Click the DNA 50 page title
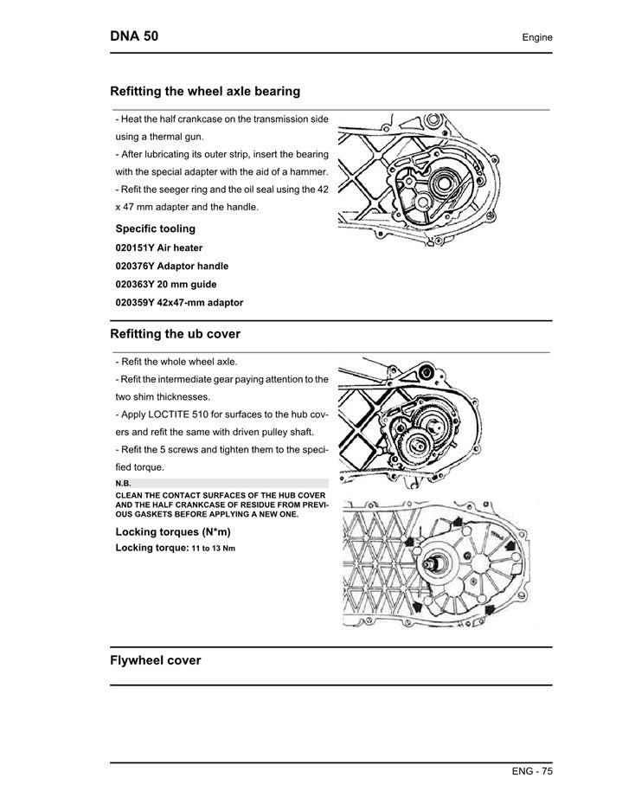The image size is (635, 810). point(134,36)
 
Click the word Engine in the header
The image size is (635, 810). point(536,37)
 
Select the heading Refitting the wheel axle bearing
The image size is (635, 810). point(205,91)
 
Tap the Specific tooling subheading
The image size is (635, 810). point(156,228)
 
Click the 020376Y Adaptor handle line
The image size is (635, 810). point(172,267)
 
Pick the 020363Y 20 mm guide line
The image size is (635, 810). point(166,285)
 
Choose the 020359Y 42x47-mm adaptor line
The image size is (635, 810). point(179,303)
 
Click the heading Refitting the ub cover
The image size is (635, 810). point(175,334)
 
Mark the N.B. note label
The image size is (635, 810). point(123,483)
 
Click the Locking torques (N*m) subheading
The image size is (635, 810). point(173,531)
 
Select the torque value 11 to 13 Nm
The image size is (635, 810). point(213,549)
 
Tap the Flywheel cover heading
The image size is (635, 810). point(156,660)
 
